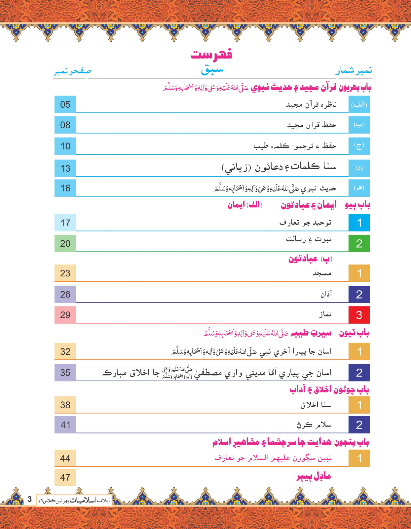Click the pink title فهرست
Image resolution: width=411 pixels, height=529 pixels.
(x=211, y=54)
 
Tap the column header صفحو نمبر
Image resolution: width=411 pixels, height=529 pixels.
(x=72, y=71)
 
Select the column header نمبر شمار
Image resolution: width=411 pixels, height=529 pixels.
(x=354, y=70)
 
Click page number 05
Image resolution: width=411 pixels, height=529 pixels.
(x=65, y=104)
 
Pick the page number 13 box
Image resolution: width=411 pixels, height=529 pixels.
(x=65, y=168)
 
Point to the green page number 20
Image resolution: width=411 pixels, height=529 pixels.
(x=65, y=244)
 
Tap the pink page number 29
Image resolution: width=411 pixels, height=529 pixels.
(x=65, y=315)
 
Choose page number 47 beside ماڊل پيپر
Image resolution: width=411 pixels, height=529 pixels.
(x=65, y=477)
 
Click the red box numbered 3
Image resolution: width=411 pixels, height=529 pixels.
(x=359, y=315)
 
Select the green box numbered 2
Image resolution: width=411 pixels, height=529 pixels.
(x=359, y=244)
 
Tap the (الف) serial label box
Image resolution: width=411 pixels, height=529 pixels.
(x=359, y=104)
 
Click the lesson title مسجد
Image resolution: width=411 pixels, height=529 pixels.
(x=322, y=273)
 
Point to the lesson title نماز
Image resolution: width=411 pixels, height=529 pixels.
(x=325, y=314)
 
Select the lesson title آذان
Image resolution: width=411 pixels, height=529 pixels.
(x=326, y=294)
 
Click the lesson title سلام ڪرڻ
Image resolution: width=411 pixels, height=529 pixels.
(x=314, y=425)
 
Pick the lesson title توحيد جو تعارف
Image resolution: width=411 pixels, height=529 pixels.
(x=305, y=223)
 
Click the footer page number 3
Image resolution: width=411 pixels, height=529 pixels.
(x=30, y=499)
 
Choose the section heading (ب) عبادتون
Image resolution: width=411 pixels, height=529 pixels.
(x=310, y=259)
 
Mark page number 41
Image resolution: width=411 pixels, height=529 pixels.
(x=65, y=425)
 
